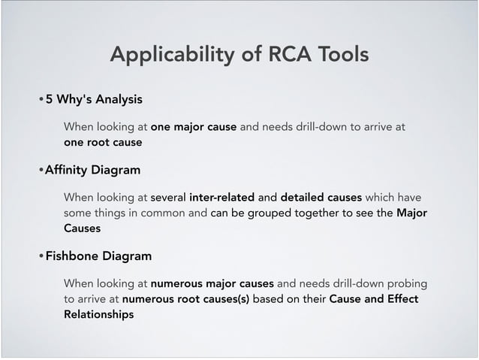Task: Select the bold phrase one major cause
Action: point(194,126)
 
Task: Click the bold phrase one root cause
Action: point(103,141)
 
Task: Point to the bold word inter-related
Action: point(221,198)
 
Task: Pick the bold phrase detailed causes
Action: point(321,198)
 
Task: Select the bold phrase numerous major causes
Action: point(212,284)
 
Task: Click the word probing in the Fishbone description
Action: point(406,284)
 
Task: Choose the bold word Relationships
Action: point(98,314)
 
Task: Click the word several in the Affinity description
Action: point(168,198)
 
